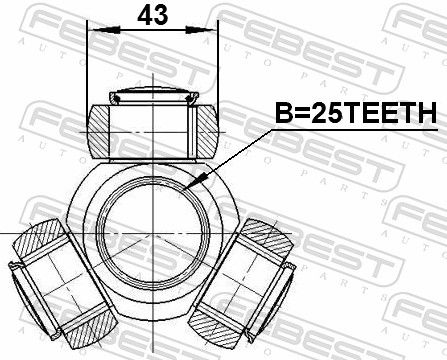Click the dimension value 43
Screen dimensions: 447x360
(x=152, y=15)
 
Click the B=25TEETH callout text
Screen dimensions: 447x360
(x=356, y=113)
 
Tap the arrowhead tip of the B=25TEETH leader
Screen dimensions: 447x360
(x=185, y=190)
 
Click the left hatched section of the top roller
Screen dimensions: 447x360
(x=98, y=131)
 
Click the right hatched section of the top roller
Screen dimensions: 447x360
(x=207, y=131)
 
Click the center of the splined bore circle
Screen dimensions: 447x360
(x=153, y=233)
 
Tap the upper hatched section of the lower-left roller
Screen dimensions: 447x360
(x=38, y=239)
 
